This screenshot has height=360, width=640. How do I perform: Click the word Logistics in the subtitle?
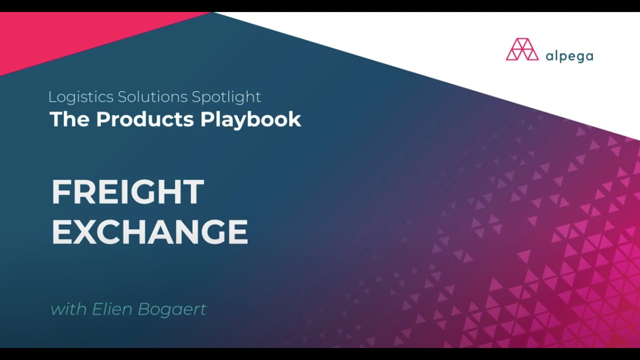81,97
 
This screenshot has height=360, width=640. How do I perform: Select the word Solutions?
152,96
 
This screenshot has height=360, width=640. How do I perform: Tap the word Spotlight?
226,97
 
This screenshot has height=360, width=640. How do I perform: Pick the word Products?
145,119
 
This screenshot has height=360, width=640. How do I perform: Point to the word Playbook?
250,119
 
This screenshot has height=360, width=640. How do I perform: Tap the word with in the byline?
68,309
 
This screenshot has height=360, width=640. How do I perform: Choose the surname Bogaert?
171,309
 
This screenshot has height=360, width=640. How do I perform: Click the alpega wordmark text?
569,56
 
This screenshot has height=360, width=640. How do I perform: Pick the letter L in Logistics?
53,96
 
